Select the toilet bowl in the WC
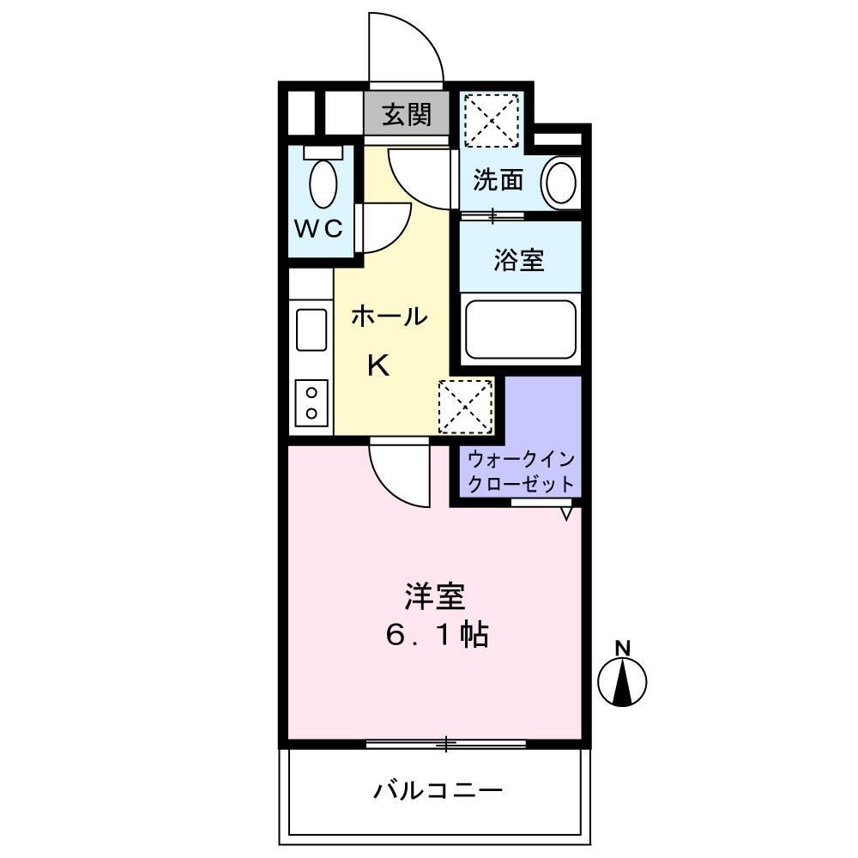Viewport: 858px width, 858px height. pyautogui.click(x=323, y=182)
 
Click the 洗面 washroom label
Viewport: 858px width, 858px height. pyautogui.click(x=498, y=180)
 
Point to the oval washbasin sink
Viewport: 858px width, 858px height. pyautogui.click(x=560, y=182)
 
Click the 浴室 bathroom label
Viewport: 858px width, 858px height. pyautogui.click(x=518, y=260)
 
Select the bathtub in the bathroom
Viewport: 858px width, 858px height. pyautogui.click(x=519, y=329)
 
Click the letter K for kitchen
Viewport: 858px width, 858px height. pyautogui.click(x=378, y=366)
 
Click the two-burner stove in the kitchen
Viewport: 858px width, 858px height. pyautogui.click(x=311, y=402)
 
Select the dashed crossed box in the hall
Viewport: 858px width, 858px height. pyautogui.click(x=466, y=407)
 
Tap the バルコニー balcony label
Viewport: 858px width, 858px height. pyautogui.click(x=437, y=789)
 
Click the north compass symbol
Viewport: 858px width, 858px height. pyautogui.click(x=622, y=679)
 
